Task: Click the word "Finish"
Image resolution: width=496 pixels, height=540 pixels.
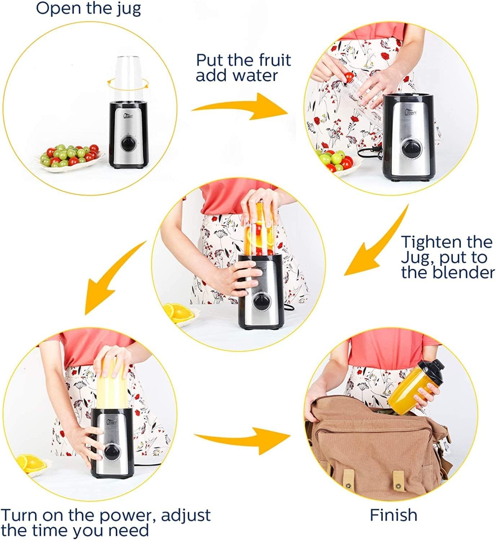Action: click(x=394, y=515)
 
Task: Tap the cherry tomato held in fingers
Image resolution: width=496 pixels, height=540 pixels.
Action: click(x=349, y=77)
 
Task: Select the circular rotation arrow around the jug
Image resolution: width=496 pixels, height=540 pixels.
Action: click(x=128, y=83)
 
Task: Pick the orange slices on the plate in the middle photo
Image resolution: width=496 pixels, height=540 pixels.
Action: click(x=178, y=313)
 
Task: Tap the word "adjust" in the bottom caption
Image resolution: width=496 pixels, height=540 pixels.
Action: click(x=186, y=516)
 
